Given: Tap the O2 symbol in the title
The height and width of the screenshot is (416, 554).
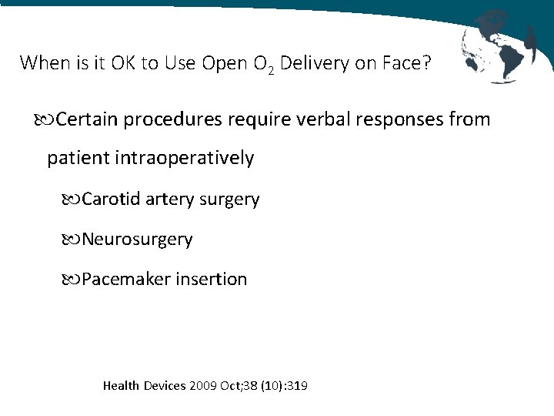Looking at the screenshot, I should click(x=262, y=64).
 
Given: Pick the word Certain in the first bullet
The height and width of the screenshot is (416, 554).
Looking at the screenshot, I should click(x=87, y=119).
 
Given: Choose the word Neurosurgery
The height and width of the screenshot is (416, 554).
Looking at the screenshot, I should click(x=137, y=240).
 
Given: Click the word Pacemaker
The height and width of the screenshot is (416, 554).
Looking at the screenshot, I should click(x=126, y=279).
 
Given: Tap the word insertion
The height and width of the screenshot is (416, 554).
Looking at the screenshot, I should click(x=212, y=279).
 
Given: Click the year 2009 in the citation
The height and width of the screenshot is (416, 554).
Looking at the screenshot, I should click(x=202, y=384).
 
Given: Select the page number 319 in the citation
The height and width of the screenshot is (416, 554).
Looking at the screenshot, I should click(x=297, y=384).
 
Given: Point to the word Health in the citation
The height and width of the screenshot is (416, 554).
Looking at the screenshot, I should click(x=121, y=384).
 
